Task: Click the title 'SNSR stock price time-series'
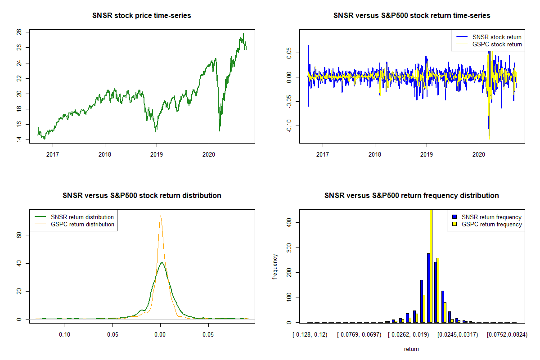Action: click(x=142, y=16)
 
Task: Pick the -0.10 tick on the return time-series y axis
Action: click(x=290, y=126)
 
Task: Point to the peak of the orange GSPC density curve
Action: click(x=160, y=216)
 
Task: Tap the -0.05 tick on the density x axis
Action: click(x=112, y=335)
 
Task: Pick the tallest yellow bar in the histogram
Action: click(x=431, y=265)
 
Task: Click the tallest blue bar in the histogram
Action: click(x=428, y=288)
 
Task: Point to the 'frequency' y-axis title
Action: click(x=275, y=266)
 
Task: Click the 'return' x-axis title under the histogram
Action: click(x=411, y=349)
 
